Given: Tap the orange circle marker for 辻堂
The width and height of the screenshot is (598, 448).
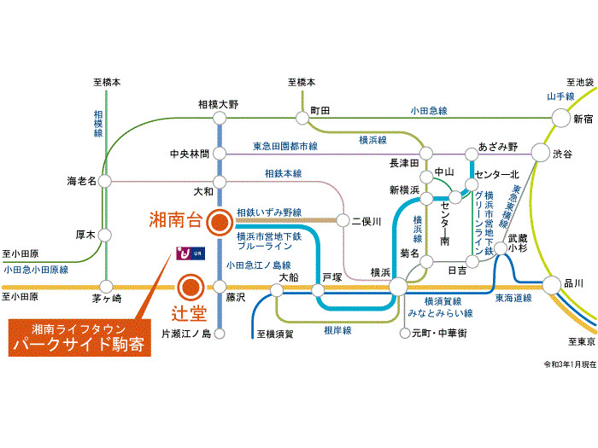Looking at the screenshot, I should point(191,287).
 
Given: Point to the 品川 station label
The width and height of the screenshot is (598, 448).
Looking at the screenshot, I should point(574,283).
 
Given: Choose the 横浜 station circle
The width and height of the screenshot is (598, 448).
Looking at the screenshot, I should point(399,288).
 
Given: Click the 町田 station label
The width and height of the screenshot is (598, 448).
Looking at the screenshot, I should point(320,111).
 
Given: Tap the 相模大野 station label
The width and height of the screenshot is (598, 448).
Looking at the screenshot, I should point(218,105).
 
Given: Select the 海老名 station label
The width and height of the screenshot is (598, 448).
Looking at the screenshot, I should point(84,181).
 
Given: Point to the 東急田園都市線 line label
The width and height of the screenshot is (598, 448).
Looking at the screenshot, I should point(285,147).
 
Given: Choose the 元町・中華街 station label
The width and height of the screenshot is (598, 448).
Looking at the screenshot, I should point(442,333).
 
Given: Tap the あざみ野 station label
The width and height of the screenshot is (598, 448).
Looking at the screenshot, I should point(499,147).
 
